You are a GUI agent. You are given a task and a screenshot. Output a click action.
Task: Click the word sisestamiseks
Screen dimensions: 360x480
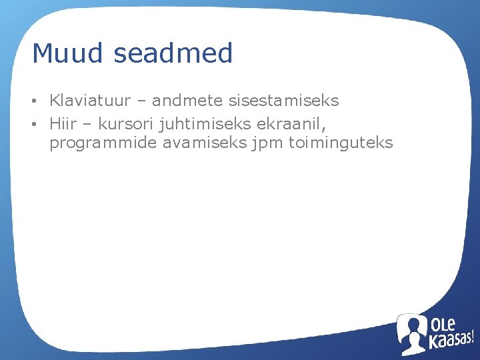[x=284, y=101]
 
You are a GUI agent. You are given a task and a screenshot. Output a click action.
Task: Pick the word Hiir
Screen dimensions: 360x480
[x=62, y=123]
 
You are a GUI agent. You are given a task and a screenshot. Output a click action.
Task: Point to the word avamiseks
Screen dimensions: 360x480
[x=204, y=143]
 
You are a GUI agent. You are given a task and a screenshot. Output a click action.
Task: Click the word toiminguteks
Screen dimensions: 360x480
[x=340, y=143]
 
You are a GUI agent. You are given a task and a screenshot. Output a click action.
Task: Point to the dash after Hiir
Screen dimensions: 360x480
[x=86, y=123]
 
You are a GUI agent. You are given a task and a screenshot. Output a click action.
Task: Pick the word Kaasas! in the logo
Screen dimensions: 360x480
[x=451, y=342]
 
